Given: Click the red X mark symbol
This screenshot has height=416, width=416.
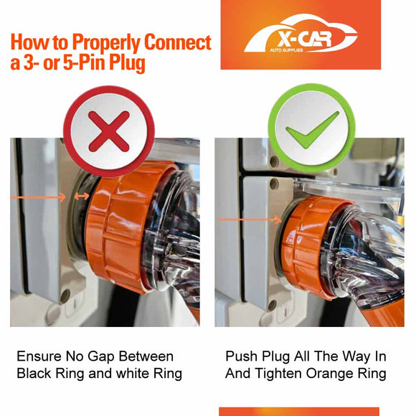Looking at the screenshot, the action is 109,131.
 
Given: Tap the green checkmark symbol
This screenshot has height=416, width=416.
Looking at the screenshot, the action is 312,130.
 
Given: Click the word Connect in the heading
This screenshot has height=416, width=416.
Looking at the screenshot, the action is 178,42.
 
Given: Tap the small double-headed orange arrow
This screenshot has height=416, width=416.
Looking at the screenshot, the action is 82,197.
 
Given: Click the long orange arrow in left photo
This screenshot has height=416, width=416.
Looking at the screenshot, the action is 38,197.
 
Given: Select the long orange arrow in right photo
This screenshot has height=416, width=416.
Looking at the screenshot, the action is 250,219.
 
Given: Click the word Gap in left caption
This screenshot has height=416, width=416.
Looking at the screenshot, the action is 101,357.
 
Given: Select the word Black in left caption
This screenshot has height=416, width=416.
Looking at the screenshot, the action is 34,373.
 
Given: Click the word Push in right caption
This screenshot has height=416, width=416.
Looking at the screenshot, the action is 242,356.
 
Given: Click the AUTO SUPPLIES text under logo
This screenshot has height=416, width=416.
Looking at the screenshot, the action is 286,50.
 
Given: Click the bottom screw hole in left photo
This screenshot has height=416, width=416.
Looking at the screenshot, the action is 65,296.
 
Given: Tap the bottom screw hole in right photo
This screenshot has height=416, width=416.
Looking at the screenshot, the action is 273,306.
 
